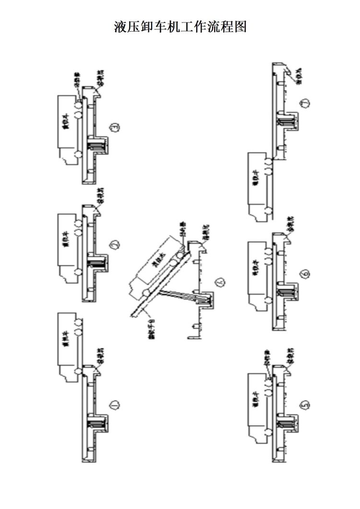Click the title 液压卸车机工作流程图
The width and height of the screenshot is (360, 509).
[180, 26]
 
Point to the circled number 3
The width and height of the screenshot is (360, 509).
[114, 128]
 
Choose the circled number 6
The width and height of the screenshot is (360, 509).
[305, 274]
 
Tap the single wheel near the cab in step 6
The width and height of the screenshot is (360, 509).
[267, 301]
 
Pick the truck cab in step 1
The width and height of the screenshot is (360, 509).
[66, 372]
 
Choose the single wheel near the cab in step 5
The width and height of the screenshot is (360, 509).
[267, 432]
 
